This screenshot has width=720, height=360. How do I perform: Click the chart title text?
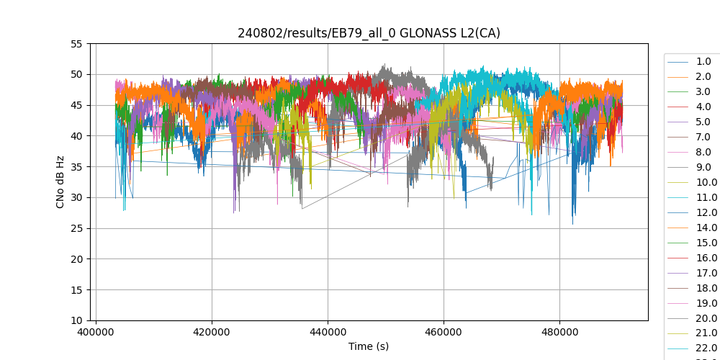pos(369,33)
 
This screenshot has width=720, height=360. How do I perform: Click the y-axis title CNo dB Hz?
pos(60,182)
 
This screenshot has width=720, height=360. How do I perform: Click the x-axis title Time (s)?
pos(369,346)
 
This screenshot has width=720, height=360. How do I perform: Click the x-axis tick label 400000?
pos(96,333)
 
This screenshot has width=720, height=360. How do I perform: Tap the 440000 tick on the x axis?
pos(328,333)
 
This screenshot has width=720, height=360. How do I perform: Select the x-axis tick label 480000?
pos(559,333)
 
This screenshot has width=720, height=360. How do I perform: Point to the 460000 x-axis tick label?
pos(444,333)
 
